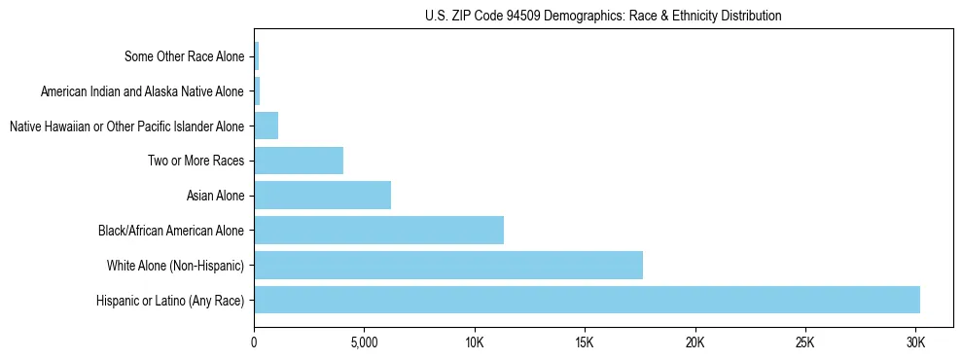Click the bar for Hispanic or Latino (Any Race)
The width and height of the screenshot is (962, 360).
tap(587, 300)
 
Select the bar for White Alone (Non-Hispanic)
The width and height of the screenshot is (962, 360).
tap(448, 265)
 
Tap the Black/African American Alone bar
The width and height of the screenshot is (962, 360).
tap(378, 230)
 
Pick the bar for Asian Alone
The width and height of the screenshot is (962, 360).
tap(322, 196)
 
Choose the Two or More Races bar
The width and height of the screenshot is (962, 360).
tap(299, 161)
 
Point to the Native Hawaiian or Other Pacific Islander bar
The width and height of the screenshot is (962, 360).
tap(266, 126)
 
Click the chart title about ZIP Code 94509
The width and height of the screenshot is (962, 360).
tap(603, 16)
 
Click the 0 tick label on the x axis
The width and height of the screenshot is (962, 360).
tap(254, 343)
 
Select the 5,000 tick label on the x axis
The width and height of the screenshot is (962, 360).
tap(364, 343)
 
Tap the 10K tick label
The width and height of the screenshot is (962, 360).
tap(474, 343)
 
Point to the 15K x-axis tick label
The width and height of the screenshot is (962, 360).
tap(585, 343)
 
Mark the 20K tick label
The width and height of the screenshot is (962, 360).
tap(695, 343)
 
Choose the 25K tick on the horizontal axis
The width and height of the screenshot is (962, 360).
tap(804, 343)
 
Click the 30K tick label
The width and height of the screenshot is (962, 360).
tap(915, 343)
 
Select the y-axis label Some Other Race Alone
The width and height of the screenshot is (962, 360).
tap(185, 56)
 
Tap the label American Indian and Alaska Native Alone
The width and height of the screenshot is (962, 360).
tap(143, 91)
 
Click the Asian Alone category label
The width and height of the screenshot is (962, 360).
tap(215, 196)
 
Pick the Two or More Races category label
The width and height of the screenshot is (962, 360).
tap(196, 161)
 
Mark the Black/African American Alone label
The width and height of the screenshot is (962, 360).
tap(171, 231)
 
